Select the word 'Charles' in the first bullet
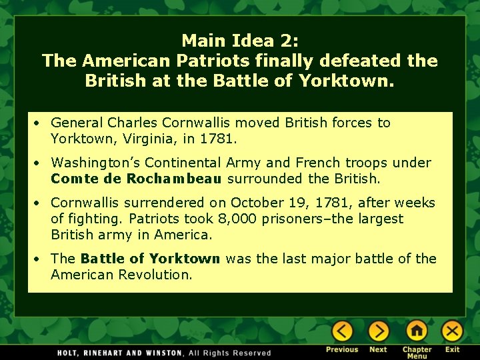pyautogui.click(x=131, y=123)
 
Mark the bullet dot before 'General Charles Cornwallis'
pyautogui.click(x=40, y=123)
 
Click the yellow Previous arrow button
pyautogui.click(x=343, y=331)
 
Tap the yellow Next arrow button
pyautogui.click(x=378, y=331)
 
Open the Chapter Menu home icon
pyautogui.click(x=417, y=331)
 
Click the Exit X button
pyautogui.click(x=453, y=331)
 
